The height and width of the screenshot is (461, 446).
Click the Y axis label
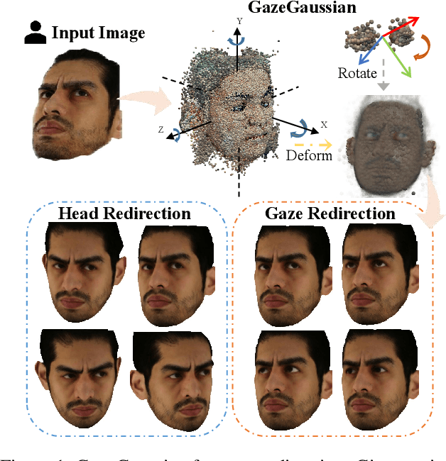point(239,22)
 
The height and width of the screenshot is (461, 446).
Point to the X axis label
point(324,124)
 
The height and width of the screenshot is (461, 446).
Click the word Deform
point(309,155)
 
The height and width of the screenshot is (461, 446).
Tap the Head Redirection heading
point(124,213)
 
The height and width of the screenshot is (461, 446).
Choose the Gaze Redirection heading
point(330,213)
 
